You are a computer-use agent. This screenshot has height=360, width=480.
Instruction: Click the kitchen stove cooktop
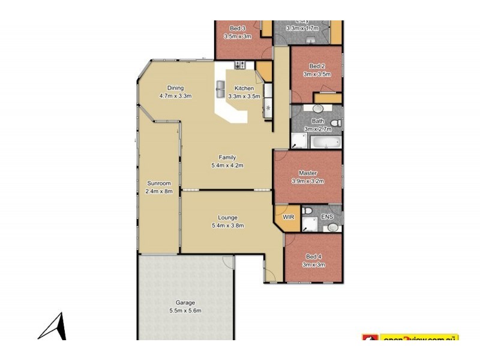[240, 65]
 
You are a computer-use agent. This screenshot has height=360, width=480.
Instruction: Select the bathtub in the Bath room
[325, 143]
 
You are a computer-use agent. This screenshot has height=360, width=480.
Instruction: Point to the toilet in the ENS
[307, 212]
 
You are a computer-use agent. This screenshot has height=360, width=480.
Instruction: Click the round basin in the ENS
[332, 227]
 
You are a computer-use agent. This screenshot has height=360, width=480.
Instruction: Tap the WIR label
[287, 217]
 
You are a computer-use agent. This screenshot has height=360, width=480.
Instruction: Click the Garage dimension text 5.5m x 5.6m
[184, 311]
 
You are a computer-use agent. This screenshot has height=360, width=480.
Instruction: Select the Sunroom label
[159, 184]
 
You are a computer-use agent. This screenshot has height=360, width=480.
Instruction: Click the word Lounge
[228, 218]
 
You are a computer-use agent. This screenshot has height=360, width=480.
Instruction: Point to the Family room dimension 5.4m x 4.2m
[227, 166]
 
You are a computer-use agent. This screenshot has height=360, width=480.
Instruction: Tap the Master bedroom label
[308, 173]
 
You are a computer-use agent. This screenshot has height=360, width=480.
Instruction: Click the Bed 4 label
[313, 256]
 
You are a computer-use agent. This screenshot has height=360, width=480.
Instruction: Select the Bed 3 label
[237, 28]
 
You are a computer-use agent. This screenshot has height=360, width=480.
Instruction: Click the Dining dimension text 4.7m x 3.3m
[175, 96]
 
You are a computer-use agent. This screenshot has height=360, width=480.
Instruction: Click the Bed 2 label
[317, 66]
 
